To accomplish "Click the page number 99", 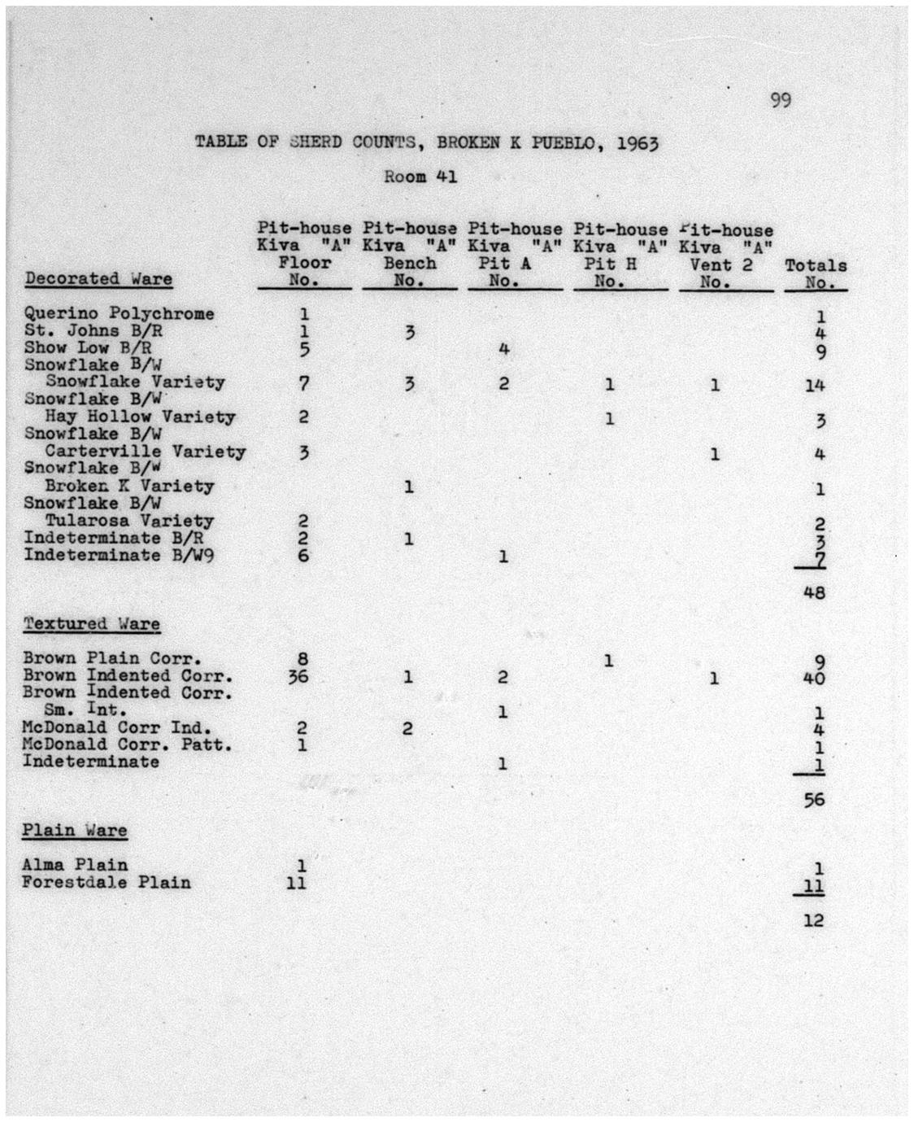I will tap(780, 100).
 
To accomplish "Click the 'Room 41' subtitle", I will tap(420, 177).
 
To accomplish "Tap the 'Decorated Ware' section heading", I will tap(98, 279).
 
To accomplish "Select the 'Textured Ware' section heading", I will tap(91, 624).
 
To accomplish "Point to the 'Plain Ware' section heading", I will tap(75, 831).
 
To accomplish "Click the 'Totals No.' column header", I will tap(816, 273).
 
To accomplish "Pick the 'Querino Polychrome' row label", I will tap(120, 313).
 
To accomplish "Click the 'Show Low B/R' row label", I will tap(88, 347).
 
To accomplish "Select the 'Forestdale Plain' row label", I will tap(107, 882).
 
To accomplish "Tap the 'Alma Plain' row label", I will tap(76, 864).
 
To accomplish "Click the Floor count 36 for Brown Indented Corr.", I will tap(298, 676).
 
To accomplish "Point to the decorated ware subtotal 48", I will tap(814, 592).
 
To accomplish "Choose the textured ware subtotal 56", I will tap(814, 800).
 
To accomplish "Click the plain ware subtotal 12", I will tap(814, 920).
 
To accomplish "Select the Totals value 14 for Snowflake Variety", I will tap(815, 385).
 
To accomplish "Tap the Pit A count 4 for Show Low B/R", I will tap(504, 349).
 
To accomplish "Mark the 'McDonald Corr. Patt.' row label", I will tap(128, 744).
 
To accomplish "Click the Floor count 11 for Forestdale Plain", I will tap(297, 882).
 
